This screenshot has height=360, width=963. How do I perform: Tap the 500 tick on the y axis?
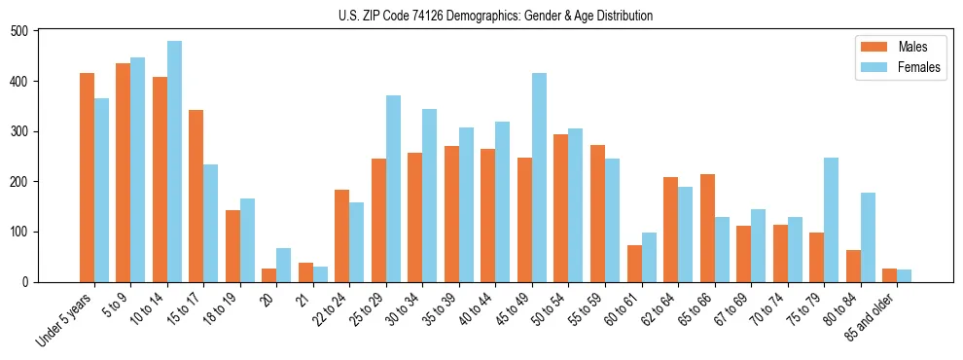click(x=18, y=31)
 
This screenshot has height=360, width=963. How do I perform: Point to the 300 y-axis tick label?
click(x=18, y=131)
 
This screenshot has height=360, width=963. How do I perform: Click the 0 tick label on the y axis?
click(x=25, y=282)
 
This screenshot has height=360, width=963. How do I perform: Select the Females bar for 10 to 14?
click(x=174, y=162)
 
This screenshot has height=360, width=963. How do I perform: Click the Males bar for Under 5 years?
click(x=87, y=178)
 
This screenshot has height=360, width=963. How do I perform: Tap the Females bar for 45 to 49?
click(x=539, y=178)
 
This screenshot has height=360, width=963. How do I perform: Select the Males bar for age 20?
click(x=269, y=275)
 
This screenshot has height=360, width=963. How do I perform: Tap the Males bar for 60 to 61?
click(x=634, y=264)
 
